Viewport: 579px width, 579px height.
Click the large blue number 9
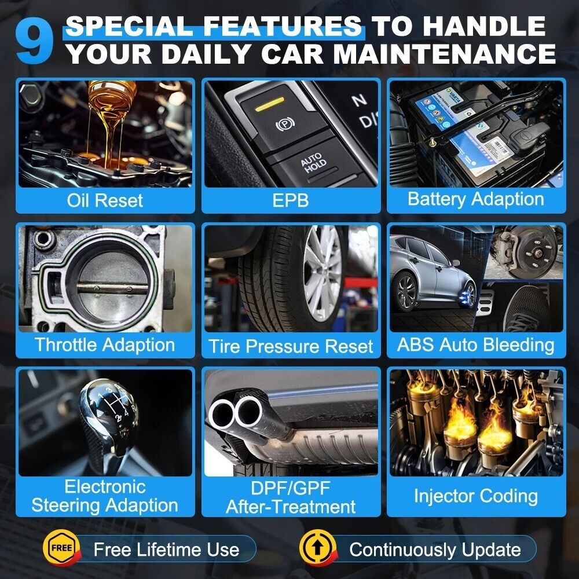(x=34, y=41)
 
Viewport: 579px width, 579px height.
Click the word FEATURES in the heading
(x=283, y=26)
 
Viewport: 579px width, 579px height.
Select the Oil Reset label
(x=105, y=200)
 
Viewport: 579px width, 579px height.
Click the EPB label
(x=291, y=200)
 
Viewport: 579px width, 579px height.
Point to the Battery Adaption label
(x=476, y=199)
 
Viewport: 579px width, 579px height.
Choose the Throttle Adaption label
(x=105, y=345)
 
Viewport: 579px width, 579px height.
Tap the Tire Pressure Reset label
(x=291, y=346)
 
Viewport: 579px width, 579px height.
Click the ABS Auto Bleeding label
(x=476, y=345)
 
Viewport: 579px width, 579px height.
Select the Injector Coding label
(x=476, y=496)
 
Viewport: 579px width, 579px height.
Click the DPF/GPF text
(x=291, y=488)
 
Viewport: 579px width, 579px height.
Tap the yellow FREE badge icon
(x=62, y=548)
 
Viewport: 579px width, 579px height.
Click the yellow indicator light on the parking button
(x=270, y=104)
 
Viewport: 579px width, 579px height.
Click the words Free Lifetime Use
(x=167, y=549)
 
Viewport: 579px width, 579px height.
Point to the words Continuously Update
(x=435, y=550)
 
